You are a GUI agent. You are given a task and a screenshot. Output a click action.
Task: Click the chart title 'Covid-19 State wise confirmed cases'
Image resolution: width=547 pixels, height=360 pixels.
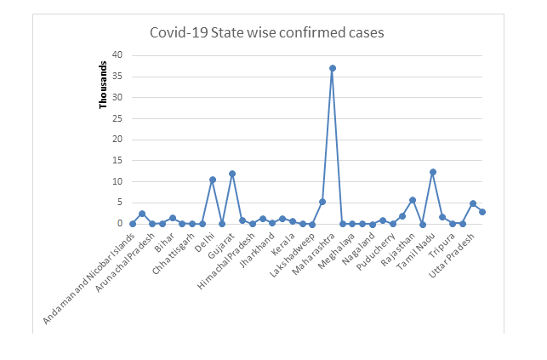(x=267, y=33)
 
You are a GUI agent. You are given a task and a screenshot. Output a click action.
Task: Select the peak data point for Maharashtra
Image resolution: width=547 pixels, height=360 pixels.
(x=333, y=68)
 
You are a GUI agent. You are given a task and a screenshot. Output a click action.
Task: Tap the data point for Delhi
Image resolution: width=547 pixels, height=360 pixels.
(x=213, y=180)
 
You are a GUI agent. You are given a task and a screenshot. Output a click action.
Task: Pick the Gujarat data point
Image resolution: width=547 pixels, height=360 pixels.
(x=232, y=174)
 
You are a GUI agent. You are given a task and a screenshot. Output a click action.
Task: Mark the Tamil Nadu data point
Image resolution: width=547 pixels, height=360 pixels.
(x=432, y=172)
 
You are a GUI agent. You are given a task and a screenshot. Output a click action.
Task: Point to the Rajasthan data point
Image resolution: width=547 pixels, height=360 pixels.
(x=413, y=200)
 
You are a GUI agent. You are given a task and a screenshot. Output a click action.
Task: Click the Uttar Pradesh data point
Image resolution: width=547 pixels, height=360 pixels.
(x=472, y=203)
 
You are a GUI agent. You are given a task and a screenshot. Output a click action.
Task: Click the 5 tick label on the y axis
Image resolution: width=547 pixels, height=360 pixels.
(x=119, y=203)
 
